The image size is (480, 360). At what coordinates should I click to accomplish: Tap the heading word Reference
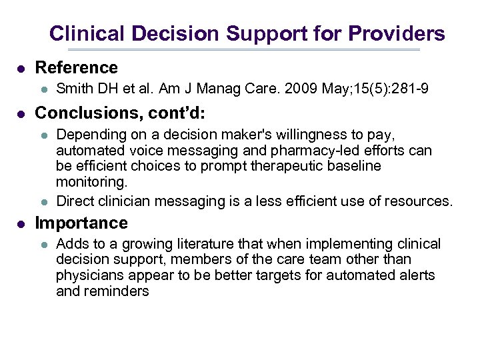click(x=76, y=67)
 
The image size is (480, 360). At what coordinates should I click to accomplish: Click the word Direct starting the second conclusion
click(x=75, y=201)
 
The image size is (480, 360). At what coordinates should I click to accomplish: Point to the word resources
click(x=421, y=201)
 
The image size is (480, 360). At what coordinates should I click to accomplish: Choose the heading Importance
click(x=81, y=223)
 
